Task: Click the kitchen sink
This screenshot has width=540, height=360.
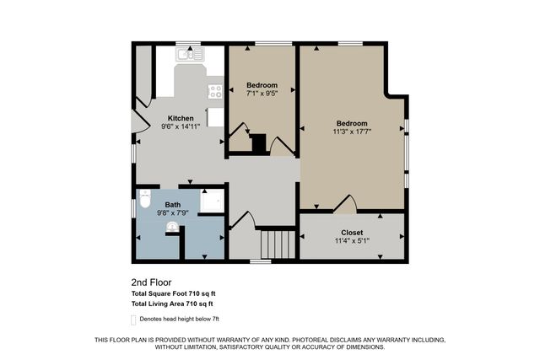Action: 189,56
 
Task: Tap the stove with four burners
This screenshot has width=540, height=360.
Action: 216,91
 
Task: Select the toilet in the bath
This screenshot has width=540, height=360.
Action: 144,203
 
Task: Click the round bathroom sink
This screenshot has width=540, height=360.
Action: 174,226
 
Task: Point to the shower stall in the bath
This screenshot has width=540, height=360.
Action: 213,202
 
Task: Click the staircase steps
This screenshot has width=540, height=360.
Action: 277,245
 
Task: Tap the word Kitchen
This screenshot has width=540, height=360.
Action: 181,118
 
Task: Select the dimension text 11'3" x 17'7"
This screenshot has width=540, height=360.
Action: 352,132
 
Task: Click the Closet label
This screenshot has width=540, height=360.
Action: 352,232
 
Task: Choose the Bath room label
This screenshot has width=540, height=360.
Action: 172,205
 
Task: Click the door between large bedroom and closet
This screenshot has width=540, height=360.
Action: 346,204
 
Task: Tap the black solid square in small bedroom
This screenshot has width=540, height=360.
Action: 259,143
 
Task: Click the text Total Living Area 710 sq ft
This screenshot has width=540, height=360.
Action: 172,304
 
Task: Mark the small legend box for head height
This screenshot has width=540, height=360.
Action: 133,320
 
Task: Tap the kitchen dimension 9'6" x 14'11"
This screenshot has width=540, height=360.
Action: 181,126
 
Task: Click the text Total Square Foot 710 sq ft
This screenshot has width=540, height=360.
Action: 173,293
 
